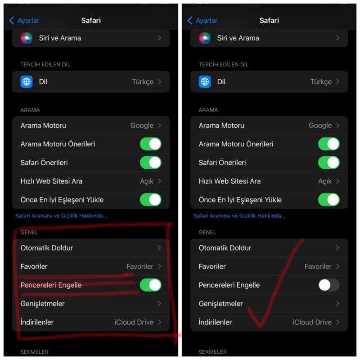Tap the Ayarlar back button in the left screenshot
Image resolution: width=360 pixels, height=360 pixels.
click(x=24, y=20)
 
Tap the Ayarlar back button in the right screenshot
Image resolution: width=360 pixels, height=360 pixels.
click(x=202, y=20)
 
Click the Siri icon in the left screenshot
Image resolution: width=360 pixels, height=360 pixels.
click(x=27, y=38)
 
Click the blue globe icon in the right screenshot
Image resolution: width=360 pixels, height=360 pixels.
click(x=205, y=81)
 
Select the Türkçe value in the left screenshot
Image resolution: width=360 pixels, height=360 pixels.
click(x=143, y=82)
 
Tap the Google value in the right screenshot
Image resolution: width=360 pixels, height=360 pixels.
click(x=320, y=126)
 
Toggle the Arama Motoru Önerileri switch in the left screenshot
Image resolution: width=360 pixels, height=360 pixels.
click(x=151, y=144)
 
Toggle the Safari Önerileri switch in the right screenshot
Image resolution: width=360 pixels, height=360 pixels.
click(x=329, y=162)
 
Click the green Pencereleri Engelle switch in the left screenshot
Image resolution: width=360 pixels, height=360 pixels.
click(x=151, y=285)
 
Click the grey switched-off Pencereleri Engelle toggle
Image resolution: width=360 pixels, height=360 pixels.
click(x=329, y=285)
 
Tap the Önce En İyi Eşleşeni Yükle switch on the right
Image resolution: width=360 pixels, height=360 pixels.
click(x=329, y=199)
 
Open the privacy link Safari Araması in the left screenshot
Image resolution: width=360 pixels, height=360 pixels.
click(x=61, y=216)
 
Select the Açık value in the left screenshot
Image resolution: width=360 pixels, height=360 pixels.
click(x=147, y=181)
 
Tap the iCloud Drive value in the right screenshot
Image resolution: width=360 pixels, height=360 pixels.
click(x=312, y=322)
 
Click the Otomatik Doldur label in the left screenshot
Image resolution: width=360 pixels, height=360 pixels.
click(x=47, y=248)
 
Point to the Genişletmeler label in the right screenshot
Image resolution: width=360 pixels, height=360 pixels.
click(x=220, y=303)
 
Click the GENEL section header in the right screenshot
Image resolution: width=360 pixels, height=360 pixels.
click(x=207, y=232)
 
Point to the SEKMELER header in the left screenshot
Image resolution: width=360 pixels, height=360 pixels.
click(x=35, y=352)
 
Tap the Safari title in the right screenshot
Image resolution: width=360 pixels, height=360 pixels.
click(x=269, y=20)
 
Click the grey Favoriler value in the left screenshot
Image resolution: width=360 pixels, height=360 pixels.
click(x=140, y=266)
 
